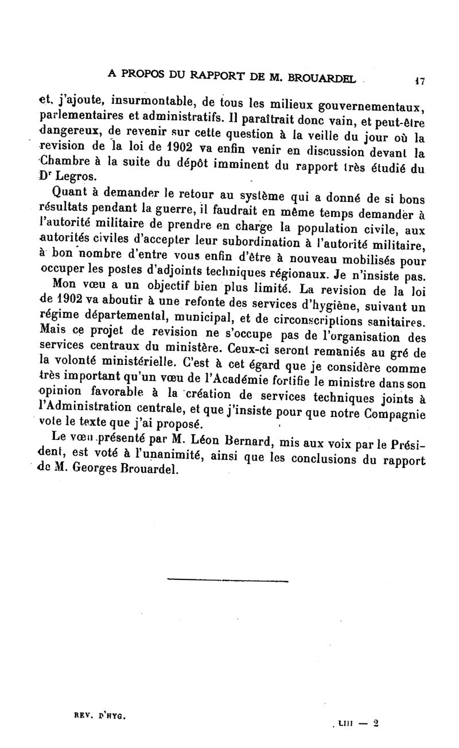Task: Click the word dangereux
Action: pos(66,134)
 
